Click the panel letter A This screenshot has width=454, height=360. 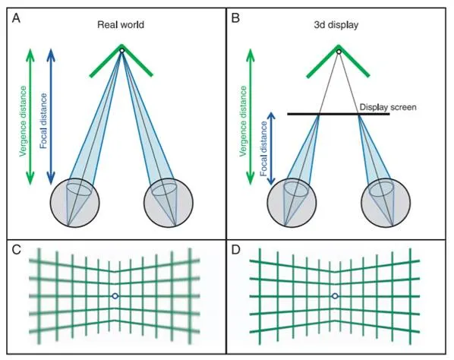(x=16, y=18)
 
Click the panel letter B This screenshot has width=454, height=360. (x=235, y=18)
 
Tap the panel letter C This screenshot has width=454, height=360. (x=17, y=249)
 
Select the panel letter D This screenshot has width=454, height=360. (x=236, y=249)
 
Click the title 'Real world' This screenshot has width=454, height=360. (x=121, y=24)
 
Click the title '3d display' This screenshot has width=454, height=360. (x=336, y=25)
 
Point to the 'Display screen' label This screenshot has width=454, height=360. (x=388, y=107)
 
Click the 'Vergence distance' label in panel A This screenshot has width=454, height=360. (x=23, y=121)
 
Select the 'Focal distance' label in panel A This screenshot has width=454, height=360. (x=43, y=121)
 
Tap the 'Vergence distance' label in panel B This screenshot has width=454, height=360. (x=243, y=121)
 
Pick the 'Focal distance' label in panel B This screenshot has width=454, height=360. (x=263, y=149)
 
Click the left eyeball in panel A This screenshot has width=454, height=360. (x=74, y=203)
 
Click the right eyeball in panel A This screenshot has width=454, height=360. (x=169, y=203)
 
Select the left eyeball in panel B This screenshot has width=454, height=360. (x=292, y=203)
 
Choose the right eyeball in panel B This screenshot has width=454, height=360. (x=386, y=203)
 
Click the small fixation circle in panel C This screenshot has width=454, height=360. (x=115, y=296)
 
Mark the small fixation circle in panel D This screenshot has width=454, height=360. (x=335, y=296)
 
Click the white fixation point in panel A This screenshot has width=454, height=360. (x=122, y=51)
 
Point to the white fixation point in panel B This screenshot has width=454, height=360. (x=339, y=52)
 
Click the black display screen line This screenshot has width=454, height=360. (x=339, y=114)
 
